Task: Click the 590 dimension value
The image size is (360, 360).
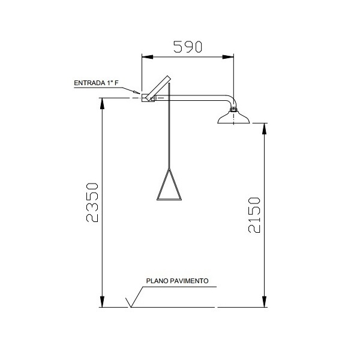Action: pos(188,47)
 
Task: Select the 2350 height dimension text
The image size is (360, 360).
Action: pos(92,202)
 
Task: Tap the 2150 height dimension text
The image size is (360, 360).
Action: pos(254,215)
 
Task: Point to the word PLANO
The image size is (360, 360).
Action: pos(155,281)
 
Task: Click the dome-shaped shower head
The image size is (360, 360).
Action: pos(233,118)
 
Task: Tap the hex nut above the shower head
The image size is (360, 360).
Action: pos(233,109)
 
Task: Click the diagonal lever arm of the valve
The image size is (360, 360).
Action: pos(158,88)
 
